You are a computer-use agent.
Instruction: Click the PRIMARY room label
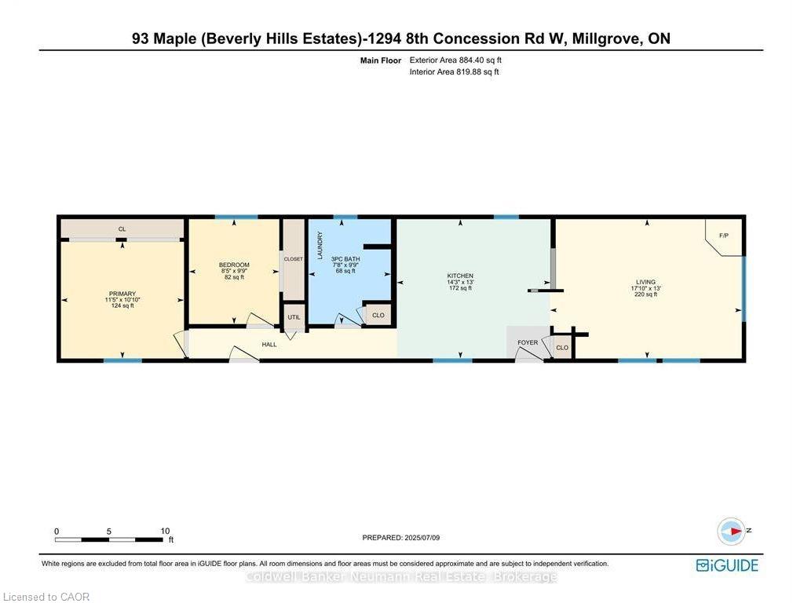(x=122, y=294)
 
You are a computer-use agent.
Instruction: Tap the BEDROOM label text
(x=234, y=265)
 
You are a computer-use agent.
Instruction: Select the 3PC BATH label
(x=345, y=259)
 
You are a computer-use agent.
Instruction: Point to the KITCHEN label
(x=460, y=276)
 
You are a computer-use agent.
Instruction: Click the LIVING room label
(x=645, y=282)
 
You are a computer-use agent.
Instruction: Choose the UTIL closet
(x=294, y=317)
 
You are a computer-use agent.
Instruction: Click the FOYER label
(x=528, y=342)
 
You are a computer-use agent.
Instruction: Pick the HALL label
(x=269, y=345)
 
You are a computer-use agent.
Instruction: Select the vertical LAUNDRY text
(x=320, y=245)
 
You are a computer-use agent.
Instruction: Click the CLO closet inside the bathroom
(x=378, y=315)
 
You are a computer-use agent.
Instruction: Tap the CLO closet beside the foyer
(x=562, y=348)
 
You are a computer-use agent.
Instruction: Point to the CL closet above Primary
(x=122, y=228)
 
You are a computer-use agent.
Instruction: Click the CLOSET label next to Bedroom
(x=294, y=259)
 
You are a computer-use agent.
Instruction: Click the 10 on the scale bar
(x=165, y=532)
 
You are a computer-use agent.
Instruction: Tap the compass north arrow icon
(x=731, y=532)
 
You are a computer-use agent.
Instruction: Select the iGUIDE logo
(x=727, y=565)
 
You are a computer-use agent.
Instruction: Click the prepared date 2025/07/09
(x=422, y=537)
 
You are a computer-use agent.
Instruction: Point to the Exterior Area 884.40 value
(x=472, y=60)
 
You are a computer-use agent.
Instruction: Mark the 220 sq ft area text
(x=645, y=294)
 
